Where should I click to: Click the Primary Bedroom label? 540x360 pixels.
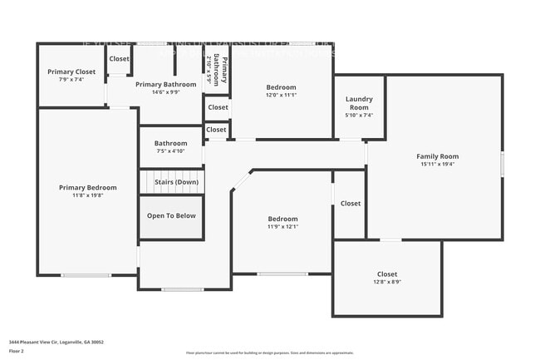tap(87, 188)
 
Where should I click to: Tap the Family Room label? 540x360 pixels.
tap(437, 156)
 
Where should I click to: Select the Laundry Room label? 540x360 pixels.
tap(359, 103)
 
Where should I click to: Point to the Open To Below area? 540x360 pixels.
tap(171, 215)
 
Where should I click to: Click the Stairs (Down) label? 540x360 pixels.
tap(174, 181)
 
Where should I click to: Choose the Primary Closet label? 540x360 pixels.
tap(71, 72)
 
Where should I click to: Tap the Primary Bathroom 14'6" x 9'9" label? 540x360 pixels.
tap(165, 85)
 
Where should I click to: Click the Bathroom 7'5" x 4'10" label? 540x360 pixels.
tap(170, 143)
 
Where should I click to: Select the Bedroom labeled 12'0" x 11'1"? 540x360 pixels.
tap(282, 87)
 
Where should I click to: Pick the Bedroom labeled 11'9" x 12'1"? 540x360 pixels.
tap(282, 219)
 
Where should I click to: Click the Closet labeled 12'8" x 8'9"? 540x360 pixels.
tap(386, 274)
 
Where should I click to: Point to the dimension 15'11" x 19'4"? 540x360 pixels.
tap(437, 165)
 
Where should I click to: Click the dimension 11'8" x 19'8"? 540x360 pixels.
tap(87, 196)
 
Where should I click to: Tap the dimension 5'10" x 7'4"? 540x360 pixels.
tap(359, 116)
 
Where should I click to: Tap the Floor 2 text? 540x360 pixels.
tap(17, 351)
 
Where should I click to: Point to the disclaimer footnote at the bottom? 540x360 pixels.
tap(269, 353)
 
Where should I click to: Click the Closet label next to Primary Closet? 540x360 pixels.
tap(119, 59)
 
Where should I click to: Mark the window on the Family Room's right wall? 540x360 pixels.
tap(503, 162)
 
